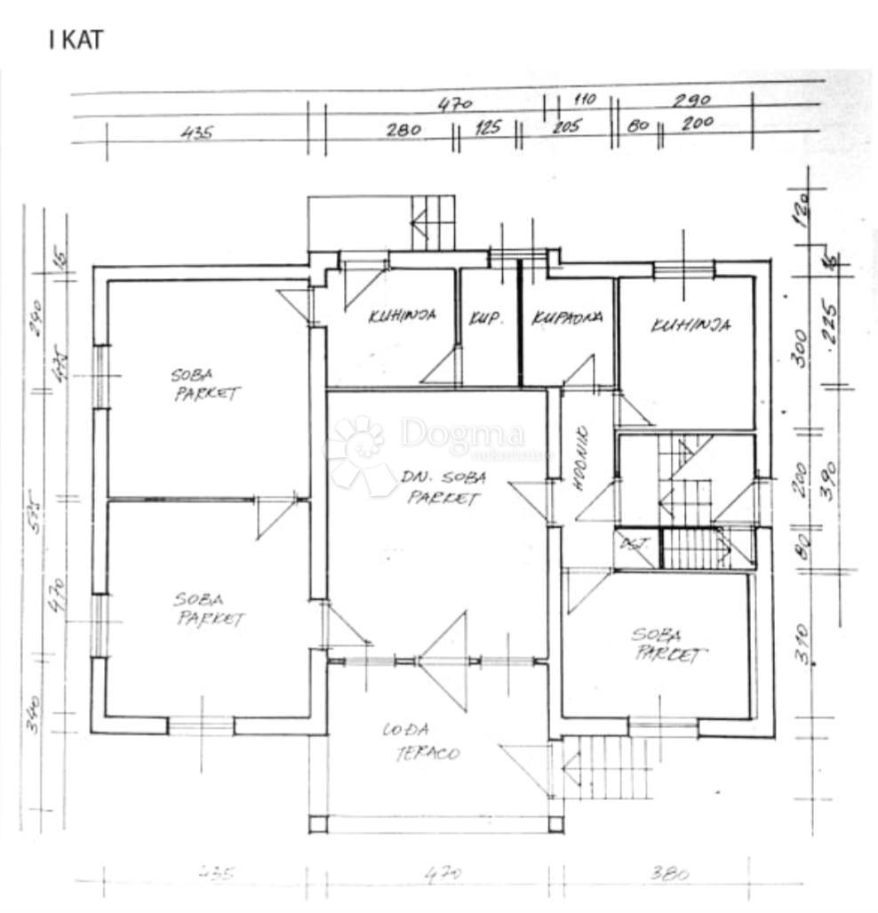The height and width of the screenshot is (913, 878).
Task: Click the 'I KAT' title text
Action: click(x=76, y=40)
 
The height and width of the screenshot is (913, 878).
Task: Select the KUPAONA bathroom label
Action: click(x=568, y=317)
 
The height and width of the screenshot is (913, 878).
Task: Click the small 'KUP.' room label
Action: click(x=486, y=316)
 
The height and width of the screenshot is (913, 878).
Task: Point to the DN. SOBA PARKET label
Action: click(x=443, y=488)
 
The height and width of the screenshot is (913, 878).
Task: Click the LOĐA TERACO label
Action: click(x=421, y=742)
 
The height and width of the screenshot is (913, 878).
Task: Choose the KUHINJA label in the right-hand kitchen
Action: click(x=690, y=325)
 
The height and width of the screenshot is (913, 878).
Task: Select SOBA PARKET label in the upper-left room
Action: click(x=205, y=385)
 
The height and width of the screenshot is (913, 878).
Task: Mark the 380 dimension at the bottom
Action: click(x=669, y=874)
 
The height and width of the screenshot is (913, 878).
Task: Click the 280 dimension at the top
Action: click(x=403, y=130)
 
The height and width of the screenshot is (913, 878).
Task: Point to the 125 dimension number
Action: click(x=487, y=127)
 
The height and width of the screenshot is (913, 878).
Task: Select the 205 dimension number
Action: click(x=565, y=126)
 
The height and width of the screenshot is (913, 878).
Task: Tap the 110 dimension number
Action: click(x=584, y=100)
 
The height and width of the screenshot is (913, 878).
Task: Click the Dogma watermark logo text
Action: click(x=462, y=435)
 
